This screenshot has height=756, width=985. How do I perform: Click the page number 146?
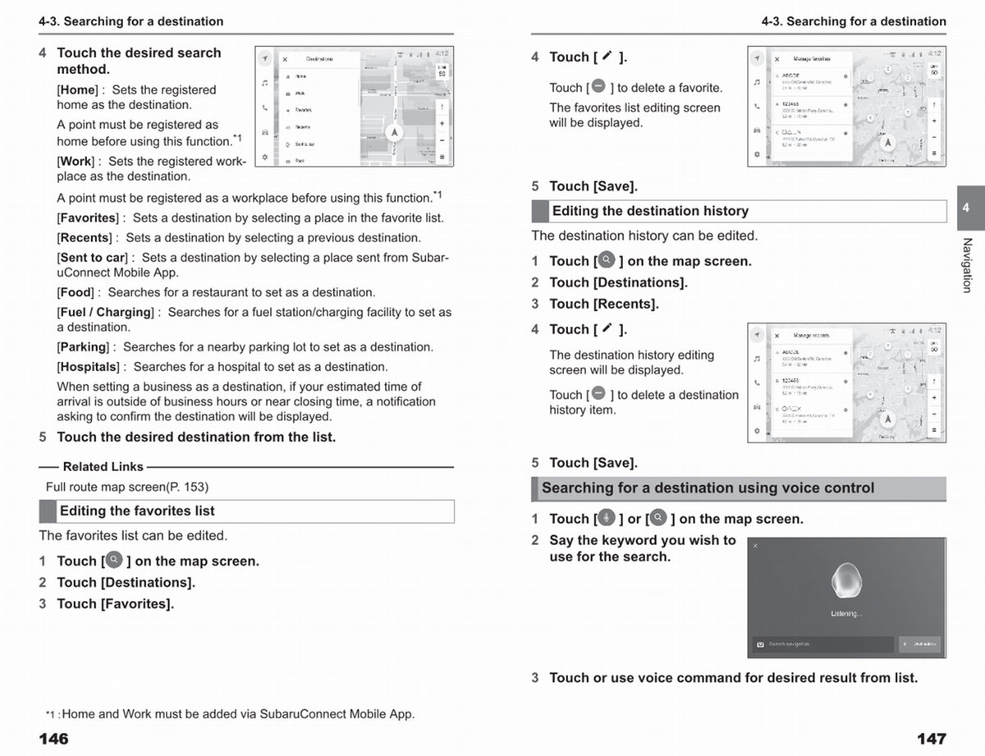click(x=53, y=739)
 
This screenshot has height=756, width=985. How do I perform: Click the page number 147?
click(x=931, y=739)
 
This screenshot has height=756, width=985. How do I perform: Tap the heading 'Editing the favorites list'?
click(x=137, y=511)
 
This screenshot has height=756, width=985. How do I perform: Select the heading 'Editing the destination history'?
click(x=650, y=211)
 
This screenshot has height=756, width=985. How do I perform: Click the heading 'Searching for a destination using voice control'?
click(x=708, y=488)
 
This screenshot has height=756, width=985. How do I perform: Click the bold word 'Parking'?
click(x=83, y=347)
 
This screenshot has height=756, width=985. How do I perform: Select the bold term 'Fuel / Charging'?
click(x=105, y=313)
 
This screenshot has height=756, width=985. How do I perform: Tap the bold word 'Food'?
click(x=77, y=292)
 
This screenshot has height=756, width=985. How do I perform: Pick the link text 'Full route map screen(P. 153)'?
click(x=127, y=487)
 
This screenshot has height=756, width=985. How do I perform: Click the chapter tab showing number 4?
click(x=965, y=208)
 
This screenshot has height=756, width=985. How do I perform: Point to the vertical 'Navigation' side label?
click(x=967, y=264)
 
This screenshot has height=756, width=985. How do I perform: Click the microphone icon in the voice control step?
click(x=606, y=518)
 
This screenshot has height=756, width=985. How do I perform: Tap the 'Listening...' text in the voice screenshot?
click(x=845, y=613)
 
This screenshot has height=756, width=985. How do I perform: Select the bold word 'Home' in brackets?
click(x=78, y=90)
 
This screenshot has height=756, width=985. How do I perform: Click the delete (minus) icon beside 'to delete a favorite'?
click(x=598, y=86)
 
